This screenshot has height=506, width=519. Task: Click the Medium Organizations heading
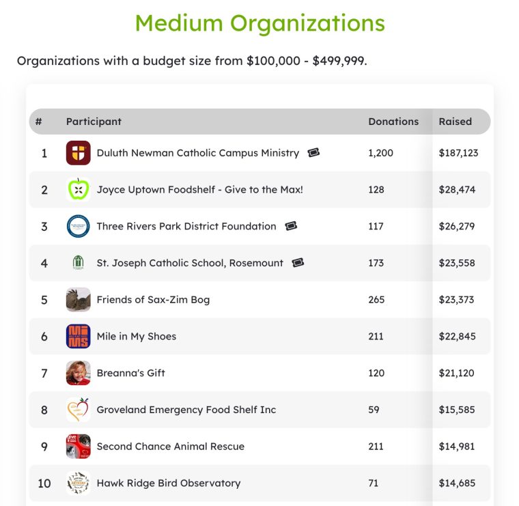pyautogui.click(x=259, y=23)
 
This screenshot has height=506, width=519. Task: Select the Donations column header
pyautogui.click(x=393, y=122)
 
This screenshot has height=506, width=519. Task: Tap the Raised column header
pyautogui.click(x=455, y=122)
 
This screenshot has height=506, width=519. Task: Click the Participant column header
pyautogui.click(x=94, y=122)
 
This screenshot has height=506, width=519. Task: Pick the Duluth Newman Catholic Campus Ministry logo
pyautogui.click(x=78, y=153)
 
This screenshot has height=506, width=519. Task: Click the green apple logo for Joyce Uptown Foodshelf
pyautogui.click(x=78, y=190)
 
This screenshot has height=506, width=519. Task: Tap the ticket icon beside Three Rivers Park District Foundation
pyautogui.click(x=291, y=226)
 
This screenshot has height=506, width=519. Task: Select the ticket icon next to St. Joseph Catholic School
pyautogui.click(x=298, y=263)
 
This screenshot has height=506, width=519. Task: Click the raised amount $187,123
pyautogui.click(x=458, y=153)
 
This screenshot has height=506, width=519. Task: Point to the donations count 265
pyautogui.click(x=376, y=300)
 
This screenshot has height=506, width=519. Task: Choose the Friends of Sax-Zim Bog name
pyautogui.click(x=153, y=300)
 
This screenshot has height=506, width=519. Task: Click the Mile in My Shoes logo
pyautogui.click(x=78, y=336)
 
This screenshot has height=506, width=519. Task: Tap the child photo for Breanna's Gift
pyautogui.click(x=78, y=373)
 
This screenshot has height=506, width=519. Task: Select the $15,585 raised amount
pyautogui.click(x=457, y=410)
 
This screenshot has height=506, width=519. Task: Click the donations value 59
pyautogui.click(x=374, y=410)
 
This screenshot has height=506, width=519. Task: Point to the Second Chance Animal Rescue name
pyautogui.click(x=171, y=447)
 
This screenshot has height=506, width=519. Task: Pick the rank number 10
pyautogui.click(x=44, y=483)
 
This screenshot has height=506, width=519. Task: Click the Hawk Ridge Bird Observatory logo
pyautogui.click(x=78, y=483)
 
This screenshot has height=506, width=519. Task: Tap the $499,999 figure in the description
pyautogui.click(x=339, y=61)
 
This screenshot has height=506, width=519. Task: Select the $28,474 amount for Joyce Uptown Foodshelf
pyautogui.click(x=457, y=190)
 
